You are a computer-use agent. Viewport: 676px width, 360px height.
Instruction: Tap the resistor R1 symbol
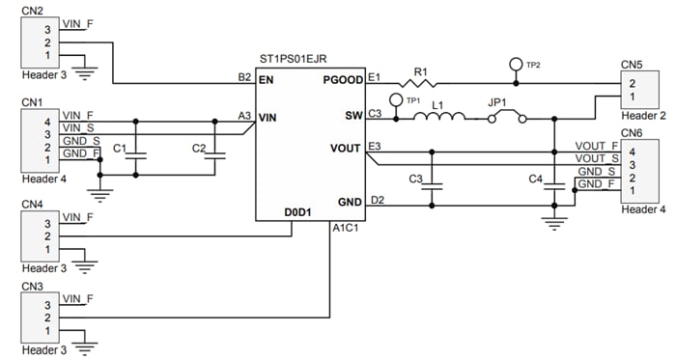click(x=418, y=83)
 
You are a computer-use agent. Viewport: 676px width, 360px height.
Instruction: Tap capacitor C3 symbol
click(x=434, y=184)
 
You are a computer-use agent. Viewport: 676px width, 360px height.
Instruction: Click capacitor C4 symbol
click(x=553, y=184)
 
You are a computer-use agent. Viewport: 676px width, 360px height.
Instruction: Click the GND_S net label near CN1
click(x=79, y=141)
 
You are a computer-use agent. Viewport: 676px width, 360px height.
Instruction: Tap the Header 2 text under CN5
click(x=643, y=116)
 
